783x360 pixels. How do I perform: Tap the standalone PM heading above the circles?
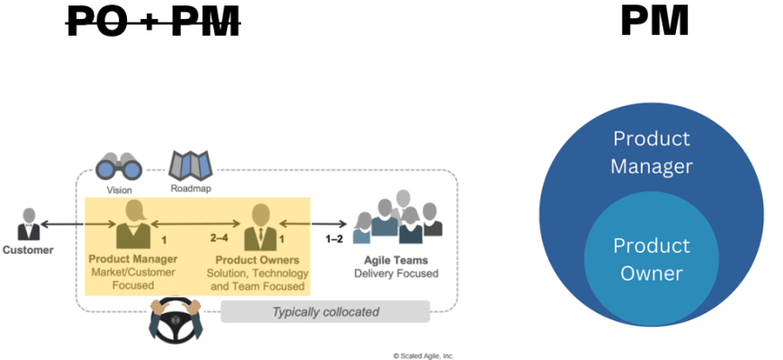tap(654, 21)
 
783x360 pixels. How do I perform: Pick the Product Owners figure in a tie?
tap(259, 227)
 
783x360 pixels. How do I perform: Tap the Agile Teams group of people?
tap(398, 218)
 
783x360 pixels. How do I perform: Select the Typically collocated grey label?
tap(325, 312)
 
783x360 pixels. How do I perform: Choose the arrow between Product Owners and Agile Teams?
tap(312, 223)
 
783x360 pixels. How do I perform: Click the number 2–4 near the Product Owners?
tap(219, 239)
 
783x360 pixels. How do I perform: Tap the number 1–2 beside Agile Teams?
tap(334, 239)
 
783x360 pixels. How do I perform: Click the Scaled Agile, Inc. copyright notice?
tap(423, 355)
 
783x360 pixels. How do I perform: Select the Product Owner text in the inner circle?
tap(651, 259)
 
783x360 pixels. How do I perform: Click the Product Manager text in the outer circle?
tap(651, 153)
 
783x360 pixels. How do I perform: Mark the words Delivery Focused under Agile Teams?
tap(396, 273)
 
